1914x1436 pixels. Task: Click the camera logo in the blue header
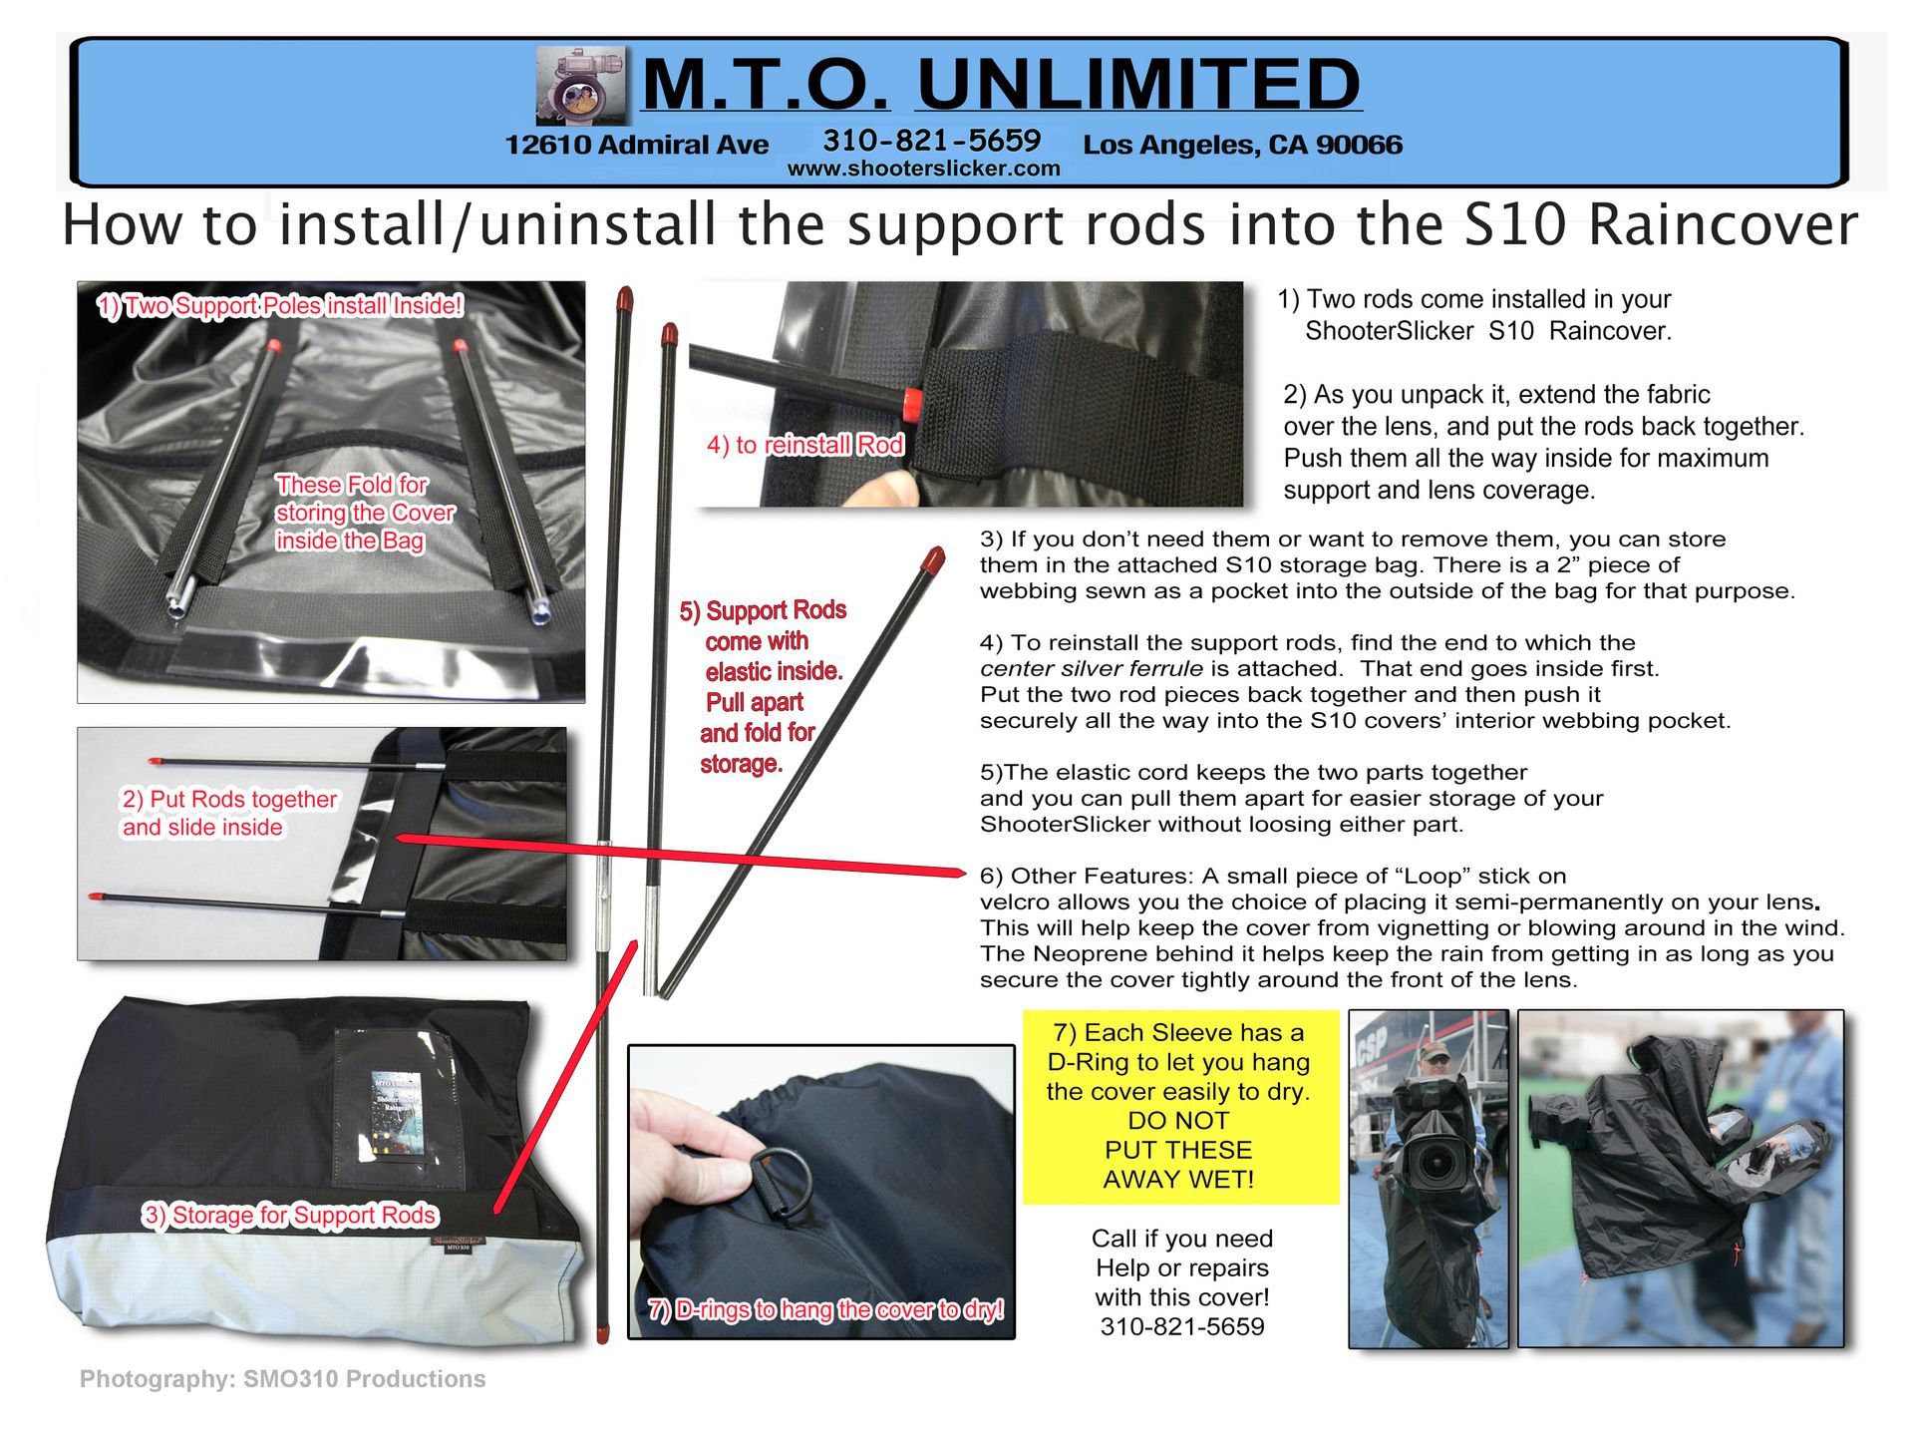tap(583, 85)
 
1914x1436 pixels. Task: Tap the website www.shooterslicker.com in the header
tap(924, 169)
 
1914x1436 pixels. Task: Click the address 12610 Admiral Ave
tap(636, 145)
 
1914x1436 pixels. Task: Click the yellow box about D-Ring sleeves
tap(1179, 1106)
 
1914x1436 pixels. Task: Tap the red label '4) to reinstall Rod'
tap(805, 445)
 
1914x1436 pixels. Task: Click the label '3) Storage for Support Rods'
tap(290, 1215)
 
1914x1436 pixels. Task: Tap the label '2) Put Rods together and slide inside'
tap(229, 813)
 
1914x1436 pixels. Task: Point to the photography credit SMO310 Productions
tap(283, 1379)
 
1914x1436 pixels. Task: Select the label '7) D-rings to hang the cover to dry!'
tap(826, 1309)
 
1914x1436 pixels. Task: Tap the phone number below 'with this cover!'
tap(1182, 1327)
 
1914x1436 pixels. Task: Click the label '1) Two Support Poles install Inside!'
tap(280, 305)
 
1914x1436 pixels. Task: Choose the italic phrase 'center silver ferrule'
tap(1092, 668)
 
